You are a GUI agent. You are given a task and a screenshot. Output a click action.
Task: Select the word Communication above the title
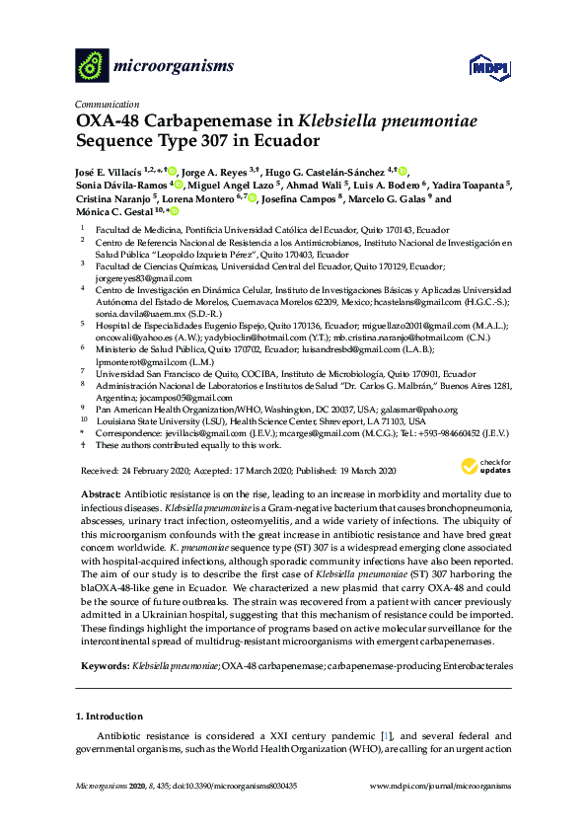click(106, 104)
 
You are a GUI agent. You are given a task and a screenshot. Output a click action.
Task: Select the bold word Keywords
click(103, 668)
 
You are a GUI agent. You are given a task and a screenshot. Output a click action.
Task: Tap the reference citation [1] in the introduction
click(385, 735)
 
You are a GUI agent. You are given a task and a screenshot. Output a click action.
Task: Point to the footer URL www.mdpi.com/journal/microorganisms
click(440, 813)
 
